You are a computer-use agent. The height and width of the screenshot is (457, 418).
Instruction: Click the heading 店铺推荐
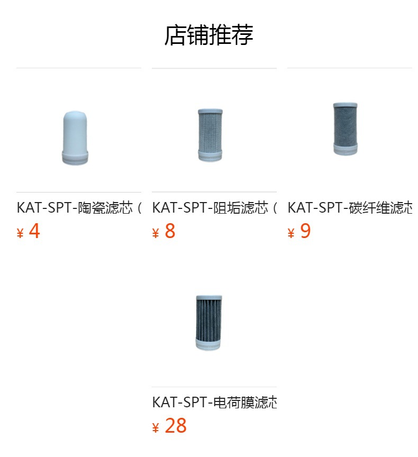(208, 35)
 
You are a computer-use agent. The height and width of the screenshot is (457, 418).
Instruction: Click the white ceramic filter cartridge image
(75, 138)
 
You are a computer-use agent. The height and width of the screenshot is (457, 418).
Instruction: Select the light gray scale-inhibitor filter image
(210, 134)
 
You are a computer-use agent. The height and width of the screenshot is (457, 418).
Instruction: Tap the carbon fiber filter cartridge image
(346, 129)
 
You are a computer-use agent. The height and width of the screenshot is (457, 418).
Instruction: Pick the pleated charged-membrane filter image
(209, 322)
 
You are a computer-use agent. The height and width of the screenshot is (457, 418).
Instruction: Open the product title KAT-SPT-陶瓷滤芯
(78, 207)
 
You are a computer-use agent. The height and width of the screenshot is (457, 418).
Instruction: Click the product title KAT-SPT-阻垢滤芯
(214, 207)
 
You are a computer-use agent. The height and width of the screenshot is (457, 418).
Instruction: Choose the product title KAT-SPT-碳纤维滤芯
(349, 207)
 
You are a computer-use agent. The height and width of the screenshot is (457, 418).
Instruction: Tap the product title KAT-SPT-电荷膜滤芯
(214, 402)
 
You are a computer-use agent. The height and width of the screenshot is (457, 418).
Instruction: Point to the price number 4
(34, 232)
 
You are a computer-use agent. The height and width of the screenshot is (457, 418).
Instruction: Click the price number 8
(170, 232)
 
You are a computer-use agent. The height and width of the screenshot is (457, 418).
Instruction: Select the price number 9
(305, 232)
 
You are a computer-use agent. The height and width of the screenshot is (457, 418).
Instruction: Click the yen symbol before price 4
(21, 233)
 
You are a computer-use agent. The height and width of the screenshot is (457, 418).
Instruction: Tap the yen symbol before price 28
(156, 428)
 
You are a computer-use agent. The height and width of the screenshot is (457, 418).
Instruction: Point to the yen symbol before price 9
(292, 233)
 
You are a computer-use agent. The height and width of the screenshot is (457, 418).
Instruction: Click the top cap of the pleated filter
(209, 298)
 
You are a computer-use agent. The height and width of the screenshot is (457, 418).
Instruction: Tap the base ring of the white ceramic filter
(75, 158)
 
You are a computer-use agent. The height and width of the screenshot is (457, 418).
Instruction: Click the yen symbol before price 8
(156, 233)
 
